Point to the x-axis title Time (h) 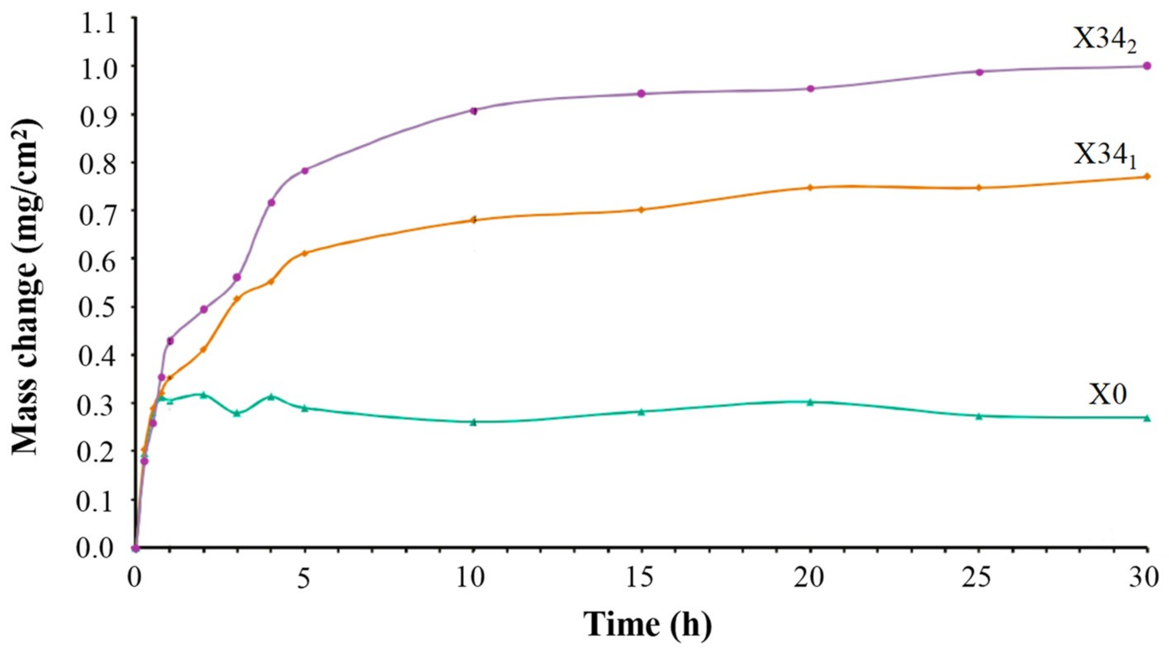(647, 625)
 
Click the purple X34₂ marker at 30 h (1147, 66)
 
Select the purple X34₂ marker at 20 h (810, 88)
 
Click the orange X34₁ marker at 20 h (810, 187)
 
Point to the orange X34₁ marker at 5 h (305, 253)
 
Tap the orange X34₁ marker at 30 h (1147, 176)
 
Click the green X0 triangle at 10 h (474, 423)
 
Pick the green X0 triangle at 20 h (810, 402)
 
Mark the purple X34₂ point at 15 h (642, 93)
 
